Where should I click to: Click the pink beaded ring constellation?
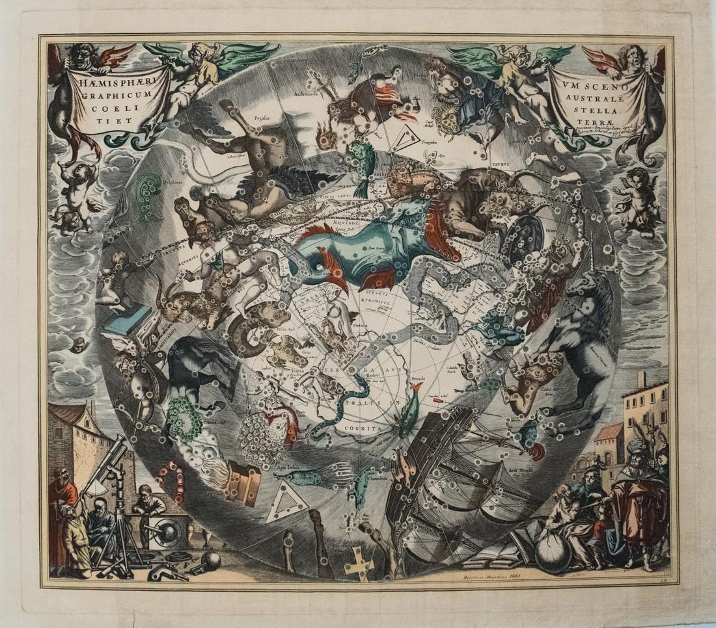(171, 482)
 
